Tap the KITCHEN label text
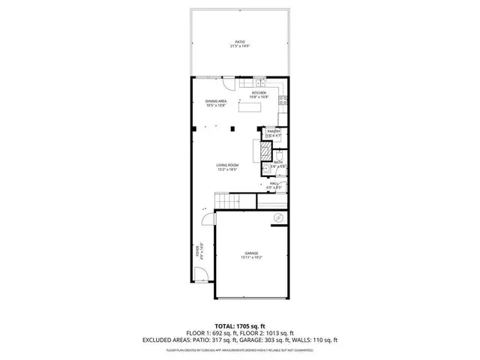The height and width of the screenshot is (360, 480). pos(259,93)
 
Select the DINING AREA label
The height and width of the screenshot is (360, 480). pos(216,102)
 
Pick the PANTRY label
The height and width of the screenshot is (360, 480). pos(274,131)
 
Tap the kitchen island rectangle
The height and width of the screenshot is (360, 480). pos(250,106)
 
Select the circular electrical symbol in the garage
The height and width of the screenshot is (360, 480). pos(277,218)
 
